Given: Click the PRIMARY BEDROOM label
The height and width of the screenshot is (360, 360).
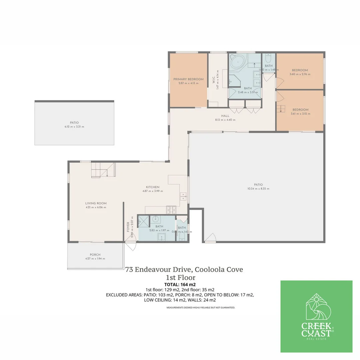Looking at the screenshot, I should [188, 79].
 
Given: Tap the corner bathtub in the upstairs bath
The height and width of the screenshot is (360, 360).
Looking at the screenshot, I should [237, 62].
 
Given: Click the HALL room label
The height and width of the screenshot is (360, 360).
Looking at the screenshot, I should [225, 116].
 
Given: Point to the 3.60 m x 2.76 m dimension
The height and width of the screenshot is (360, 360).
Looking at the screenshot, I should [300, 74].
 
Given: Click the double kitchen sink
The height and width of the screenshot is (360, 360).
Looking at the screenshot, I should [183, 197].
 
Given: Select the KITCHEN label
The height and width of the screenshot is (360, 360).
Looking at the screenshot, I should [152, 187].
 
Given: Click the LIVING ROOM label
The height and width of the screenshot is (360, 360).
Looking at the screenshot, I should [96, 203].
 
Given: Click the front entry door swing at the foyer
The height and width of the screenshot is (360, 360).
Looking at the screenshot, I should [131, 246].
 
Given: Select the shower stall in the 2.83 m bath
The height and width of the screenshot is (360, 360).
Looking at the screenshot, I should [144, 220].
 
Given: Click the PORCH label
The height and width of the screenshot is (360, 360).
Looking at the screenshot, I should [95, 255].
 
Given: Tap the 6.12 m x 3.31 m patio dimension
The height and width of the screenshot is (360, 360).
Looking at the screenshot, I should [74, 127].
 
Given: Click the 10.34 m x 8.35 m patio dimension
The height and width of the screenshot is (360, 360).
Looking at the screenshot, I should [258, 189].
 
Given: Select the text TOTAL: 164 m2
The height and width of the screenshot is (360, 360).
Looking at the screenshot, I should [180, 284].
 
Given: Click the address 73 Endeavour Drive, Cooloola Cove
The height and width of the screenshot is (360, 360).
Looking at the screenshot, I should [184, 270].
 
